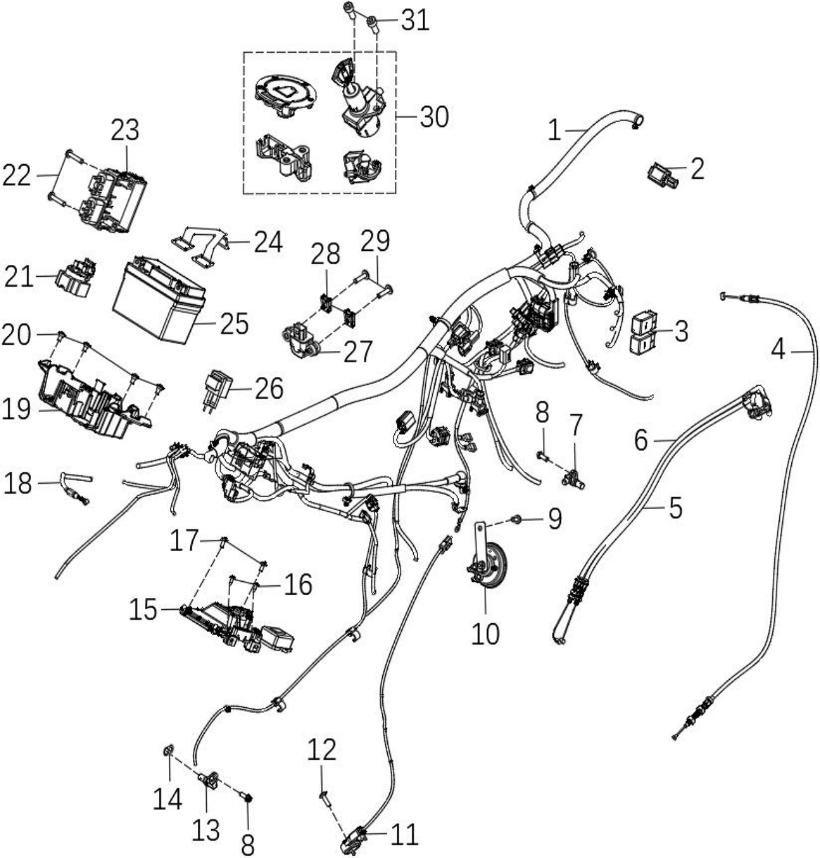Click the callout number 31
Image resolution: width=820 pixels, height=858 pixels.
click(x=415, y=21)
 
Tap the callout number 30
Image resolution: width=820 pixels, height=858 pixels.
click(x=434, y=117)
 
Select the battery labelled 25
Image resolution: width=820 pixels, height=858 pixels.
click(x=159, y=300)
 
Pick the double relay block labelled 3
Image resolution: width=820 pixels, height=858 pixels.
click(x=644, y=333)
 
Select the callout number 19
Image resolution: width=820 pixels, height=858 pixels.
click(x=16, y=409)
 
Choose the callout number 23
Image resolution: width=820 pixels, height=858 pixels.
click(x=125, y=130)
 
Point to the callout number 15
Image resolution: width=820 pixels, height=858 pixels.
click(x=143, y=611)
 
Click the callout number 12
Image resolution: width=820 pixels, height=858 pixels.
click(x=321, y=750)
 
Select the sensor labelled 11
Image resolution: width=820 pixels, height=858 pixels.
click(x=354, y=839)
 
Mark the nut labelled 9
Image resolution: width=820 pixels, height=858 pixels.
click(x=515, y=519)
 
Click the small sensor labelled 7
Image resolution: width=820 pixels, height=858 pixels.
click(x=574, y=479)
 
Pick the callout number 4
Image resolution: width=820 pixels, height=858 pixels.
click(x=778, y=350)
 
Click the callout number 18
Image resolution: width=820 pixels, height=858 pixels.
click(x=18, y=483)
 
